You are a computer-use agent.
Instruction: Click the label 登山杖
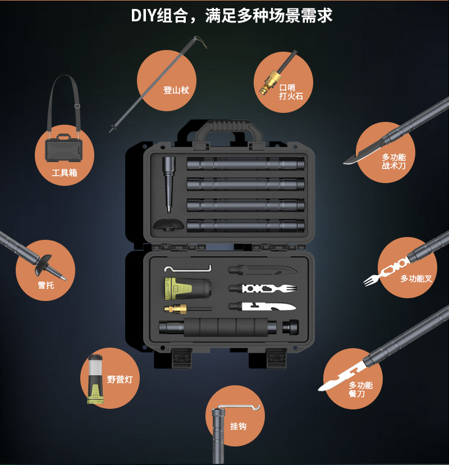pos(176,90)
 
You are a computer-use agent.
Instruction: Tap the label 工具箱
pos(65,172)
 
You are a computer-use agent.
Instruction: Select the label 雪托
pos(46,285)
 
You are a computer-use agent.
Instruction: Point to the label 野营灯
pos(120,379)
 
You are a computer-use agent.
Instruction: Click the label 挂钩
pos(239,426)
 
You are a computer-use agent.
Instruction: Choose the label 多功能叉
pos(416,279)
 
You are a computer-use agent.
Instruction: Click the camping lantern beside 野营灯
pos(95,379)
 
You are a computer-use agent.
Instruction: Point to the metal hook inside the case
pos(188,268)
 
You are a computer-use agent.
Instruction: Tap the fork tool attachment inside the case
pos(263,288)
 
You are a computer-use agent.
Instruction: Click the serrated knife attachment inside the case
pos(263,307)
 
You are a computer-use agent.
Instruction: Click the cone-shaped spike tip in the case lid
pos(169,184)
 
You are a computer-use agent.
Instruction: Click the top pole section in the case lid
pos(246,163)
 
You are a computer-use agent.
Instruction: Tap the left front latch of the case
pos(182,358)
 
